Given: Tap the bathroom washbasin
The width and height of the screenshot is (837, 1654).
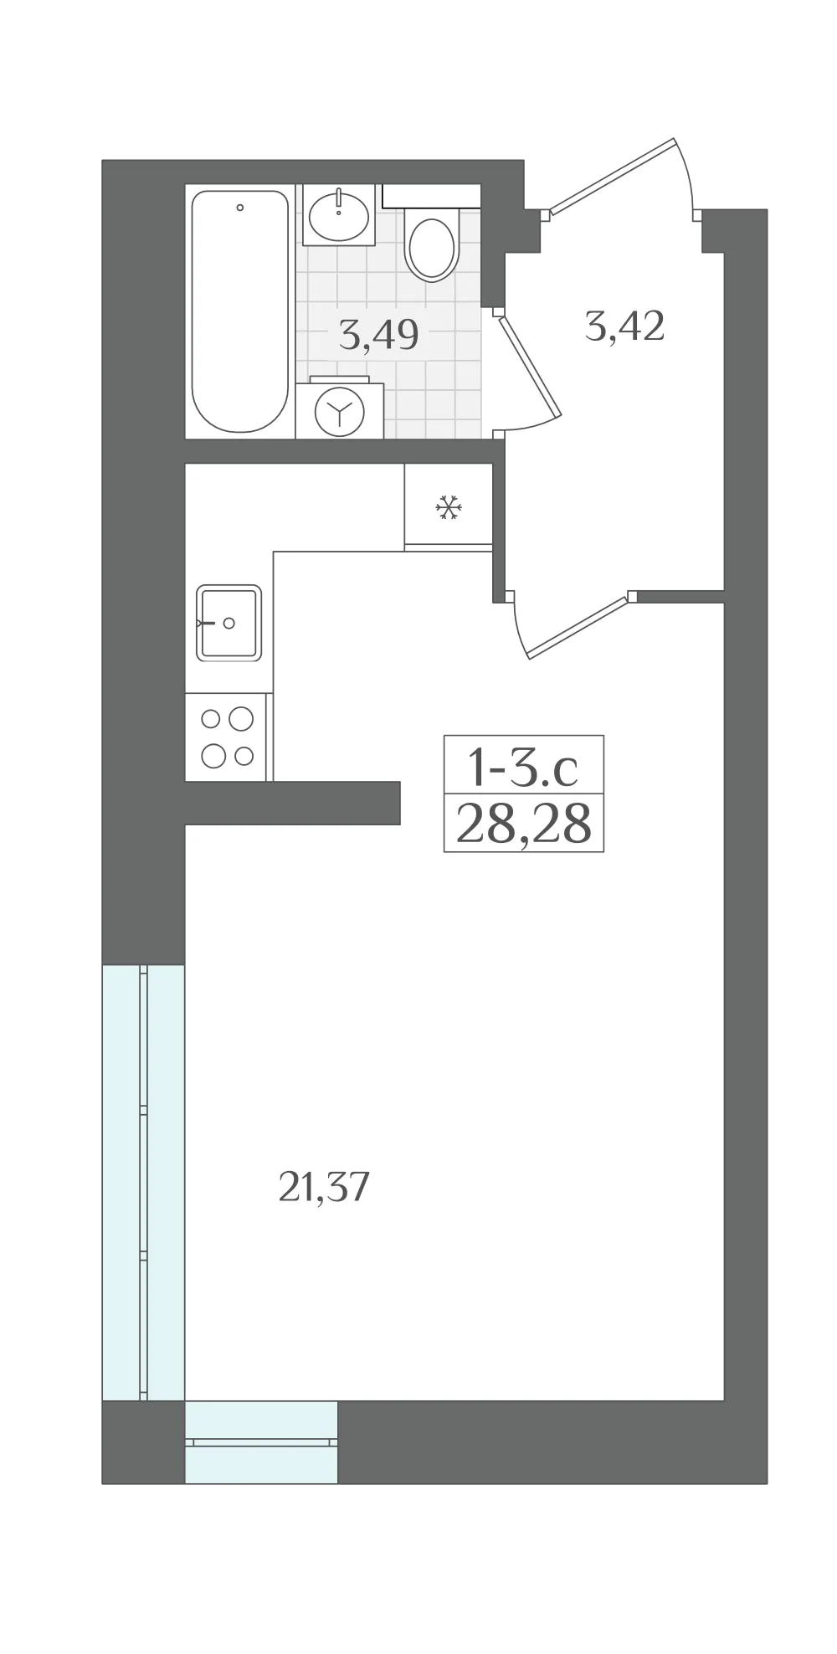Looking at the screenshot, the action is tap(339, 216).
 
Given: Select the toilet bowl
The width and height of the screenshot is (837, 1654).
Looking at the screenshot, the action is tap(432, 247).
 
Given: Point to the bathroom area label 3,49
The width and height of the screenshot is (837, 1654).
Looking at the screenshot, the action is tap(378, 335).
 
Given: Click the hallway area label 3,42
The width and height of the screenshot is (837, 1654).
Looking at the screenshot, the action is tap(625, 326).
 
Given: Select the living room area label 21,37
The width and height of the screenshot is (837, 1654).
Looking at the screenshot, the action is tap(323, 1186).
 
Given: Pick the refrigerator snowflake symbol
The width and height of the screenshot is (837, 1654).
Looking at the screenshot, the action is tap(449, 507).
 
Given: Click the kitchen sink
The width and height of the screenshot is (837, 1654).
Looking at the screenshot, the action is tap(229, 623).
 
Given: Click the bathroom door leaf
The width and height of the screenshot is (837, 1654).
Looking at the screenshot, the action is tap(528, 366).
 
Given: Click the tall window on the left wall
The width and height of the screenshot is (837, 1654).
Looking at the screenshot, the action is tap(143, 1183).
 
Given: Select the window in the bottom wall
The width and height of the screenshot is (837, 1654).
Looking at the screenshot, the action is tap(261, 1442).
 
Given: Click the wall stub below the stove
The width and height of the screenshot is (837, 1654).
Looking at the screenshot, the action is tap(292, 803).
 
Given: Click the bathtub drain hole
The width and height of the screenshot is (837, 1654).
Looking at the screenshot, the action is tap(240, 207).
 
